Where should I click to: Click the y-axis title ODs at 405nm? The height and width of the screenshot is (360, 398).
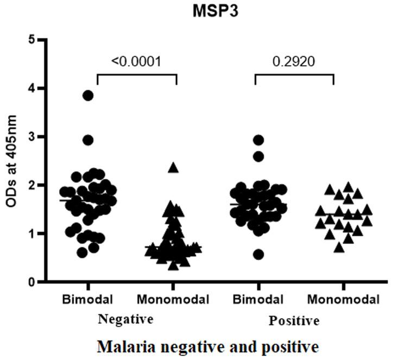(11, 161)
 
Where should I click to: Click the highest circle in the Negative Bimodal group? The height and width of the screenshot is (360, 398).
(88, 96)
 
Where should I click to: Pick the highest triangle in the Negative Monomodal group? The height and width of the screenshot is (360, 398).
(173, 168)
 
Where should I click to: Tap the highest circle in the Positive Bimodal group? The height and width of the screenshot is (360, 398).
(258, 141)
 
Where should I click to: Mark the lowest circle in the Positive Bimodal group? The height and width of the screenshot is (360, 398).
(258, 254)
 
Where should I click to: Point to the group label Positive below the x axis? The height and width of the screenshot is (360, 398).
(294, 321)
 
